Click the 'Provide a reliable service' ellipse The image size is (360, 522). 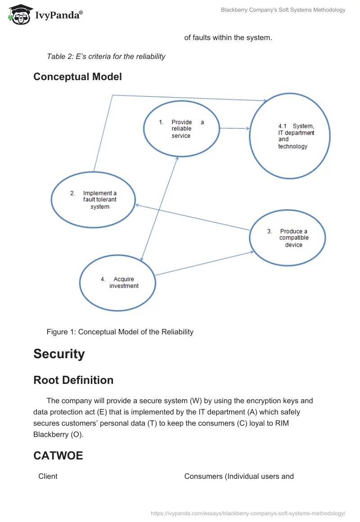181,129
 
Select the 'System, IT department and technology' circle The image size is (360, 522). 290,135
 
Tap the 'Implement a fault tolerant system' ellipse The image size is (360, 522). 93,200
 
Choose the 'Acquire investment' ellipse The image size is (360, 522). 117,283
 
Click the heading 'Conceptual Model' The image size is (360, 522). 77,76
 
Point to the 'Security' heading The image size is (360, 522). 59,354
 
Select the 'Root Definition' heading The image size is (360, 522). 73,380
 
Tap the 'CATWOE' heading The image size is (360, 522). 58,456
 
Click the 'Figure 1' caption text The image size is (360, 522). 120,332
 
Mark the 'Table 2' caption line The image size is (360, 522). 106,57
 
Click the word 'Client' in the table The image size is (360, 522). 48,476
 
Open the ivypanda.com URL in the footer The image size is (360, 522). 248,513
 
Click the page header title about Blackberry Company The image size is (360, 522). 283,10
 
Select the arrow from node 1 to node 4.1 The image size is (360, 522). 234,128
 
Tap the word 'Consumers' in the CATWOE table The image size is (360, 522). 203,476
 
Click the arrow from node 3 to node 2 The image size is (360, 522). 193,218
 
